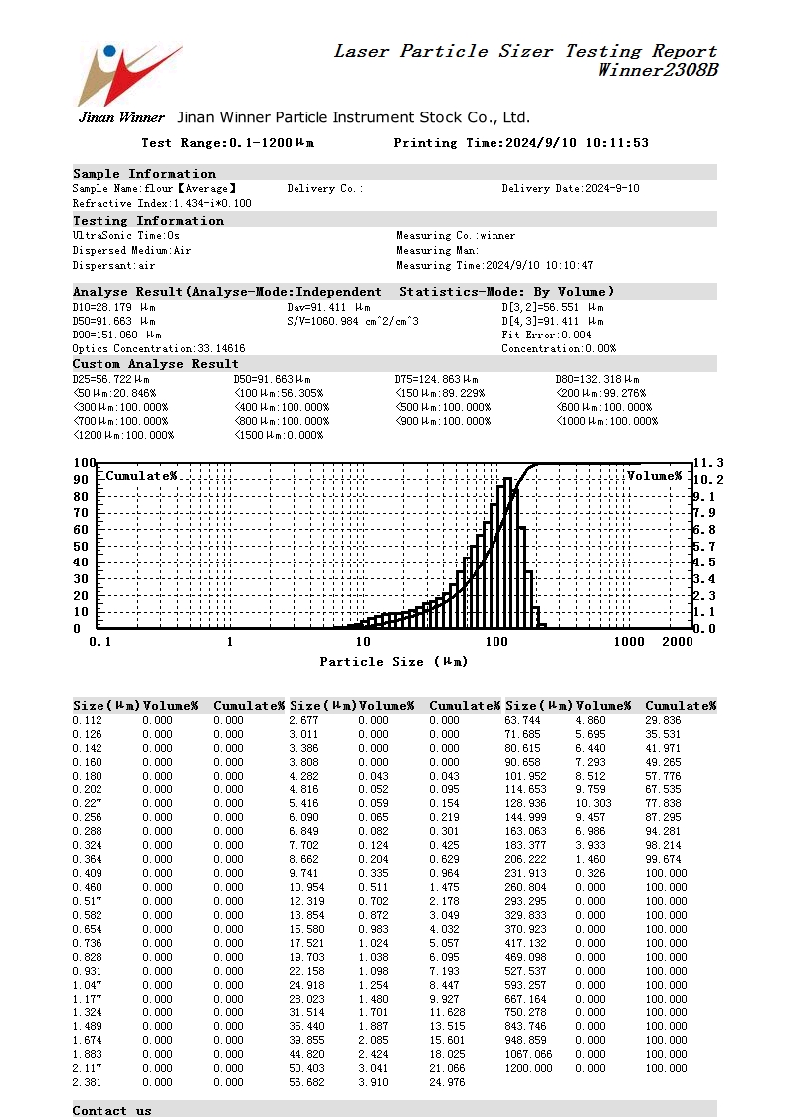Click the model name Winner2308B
point(657,71)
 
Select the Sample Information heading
point(143,173)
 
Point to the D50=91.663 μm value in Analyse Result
point(113,322)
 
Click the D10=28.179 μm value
point(113,308)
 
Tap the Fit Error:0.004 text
point(546,335)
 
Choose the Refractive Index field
point(161,203)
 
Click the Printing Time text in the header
point(520,143)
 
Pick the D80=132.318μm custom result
point(597,380)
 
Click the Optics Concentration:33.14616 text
point(158,349)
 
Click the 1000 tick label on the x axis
point(629,642)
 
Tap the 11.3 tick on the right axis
point(707,463)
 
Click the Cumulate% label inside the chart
point(141,476)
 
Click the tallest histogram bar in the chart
point(507,553)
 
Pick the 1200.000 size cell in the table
point(528,1068)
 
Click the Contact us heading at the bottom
point(111,1110)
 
